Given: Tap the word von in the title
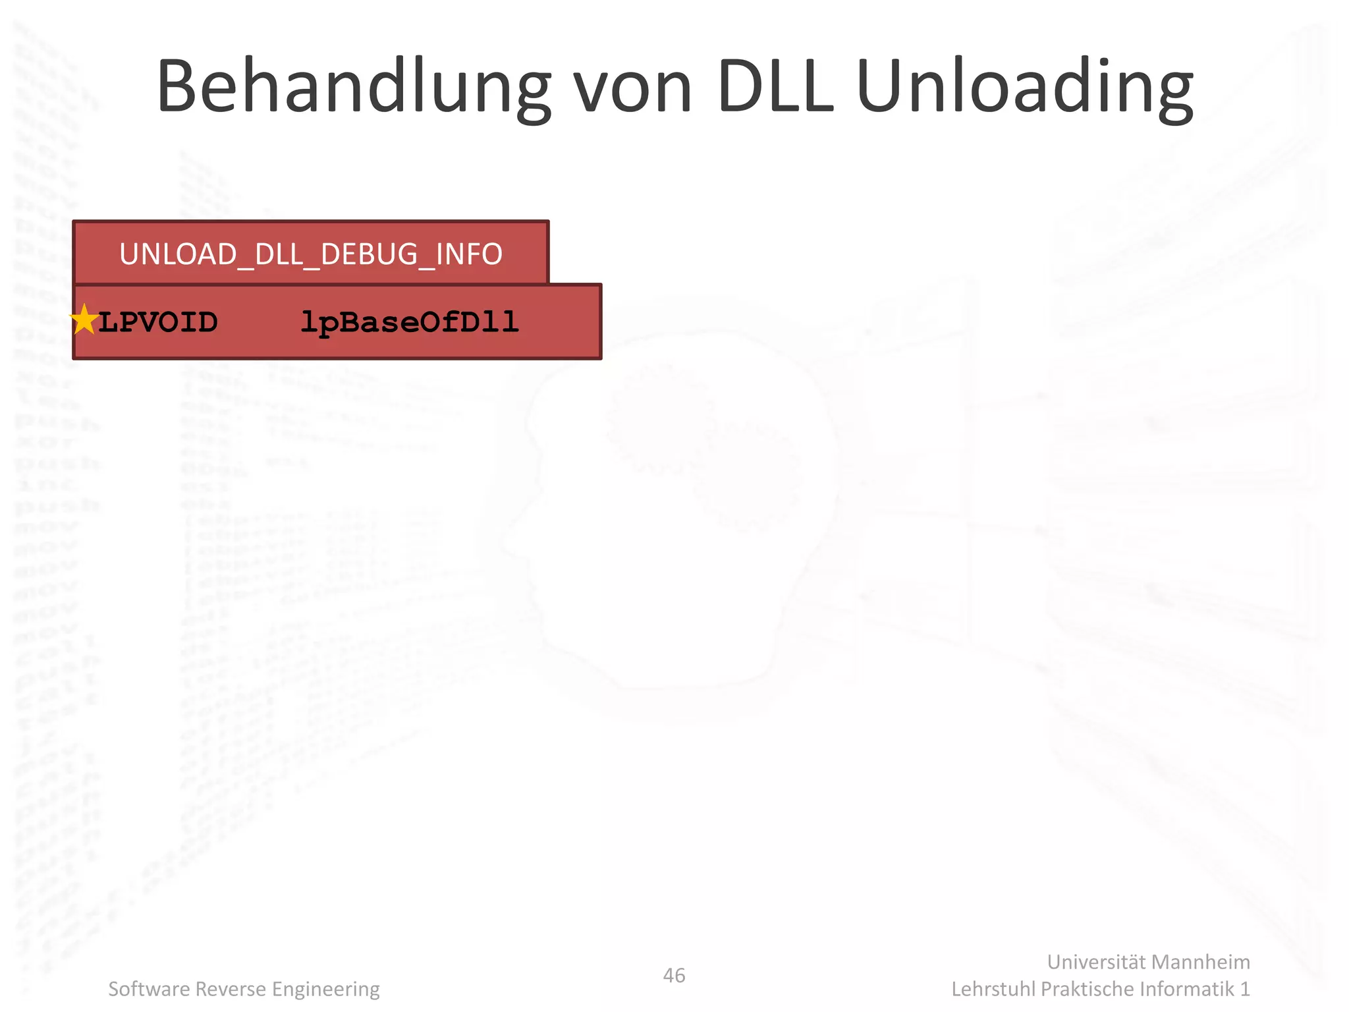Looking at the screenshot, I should [632, 88].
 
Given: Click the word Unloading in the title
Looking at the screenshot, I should [1024, 88].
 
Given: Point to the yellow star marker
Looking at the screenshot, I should [84, 320].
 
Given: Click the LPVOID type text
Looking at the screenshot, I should [158, 322].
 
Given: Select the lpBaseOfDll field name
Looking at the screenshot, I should [410, 322].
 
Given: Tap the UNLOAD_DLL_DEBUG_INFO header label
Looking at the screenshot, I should [311, 254].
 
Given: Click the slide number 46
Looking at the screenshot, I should [674, 975].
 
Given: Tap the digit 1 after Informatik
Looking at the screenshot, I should [1244, 989].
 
